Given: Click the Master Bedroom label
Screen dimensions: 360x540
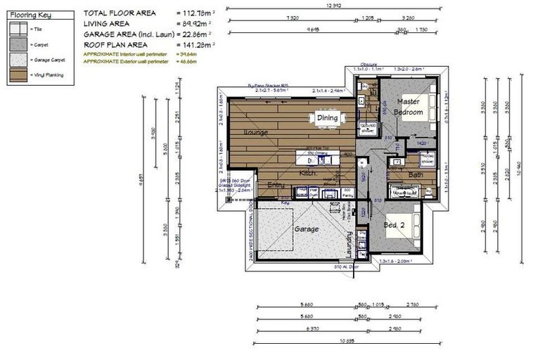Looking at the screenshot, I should (x=408, y=107).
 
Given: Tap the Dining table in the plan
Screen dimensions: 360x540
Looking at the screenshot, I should (x=327, y=118).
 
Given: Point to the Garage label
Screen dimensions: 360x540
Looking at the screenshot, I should (x=306, y=229).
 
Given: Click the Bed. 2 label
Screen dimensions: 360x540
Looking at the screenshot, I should (x=394, y=225).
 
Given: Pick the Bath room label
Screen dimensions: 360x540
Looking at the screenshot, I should (x=416, y=174).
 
